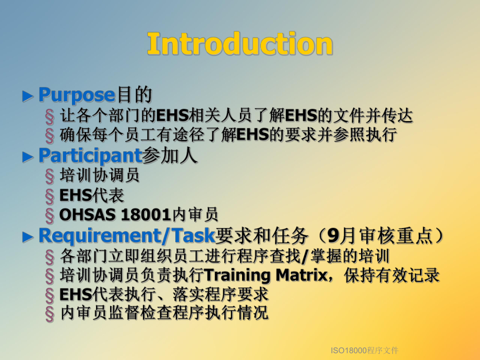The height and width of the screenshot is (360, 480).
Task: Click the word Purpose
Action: tap(76, 95)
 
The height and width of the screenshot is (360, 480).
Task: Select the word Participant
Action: tap(90, 155)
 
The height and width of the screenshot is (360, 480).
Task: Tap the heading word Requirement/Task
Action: tap(127, 236)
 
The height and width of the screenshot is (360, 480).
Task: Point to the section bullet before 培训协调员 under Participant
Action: tap(50, 176)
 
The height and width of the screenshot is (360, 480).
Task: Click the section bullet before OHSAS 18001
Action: tap(50, 214)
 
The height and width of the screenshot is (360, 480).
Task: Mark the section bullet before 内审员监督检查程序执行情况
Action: tap(50, 313)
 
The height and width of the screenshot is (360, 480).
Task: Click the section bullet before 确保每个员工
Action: tap(50, 135)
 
